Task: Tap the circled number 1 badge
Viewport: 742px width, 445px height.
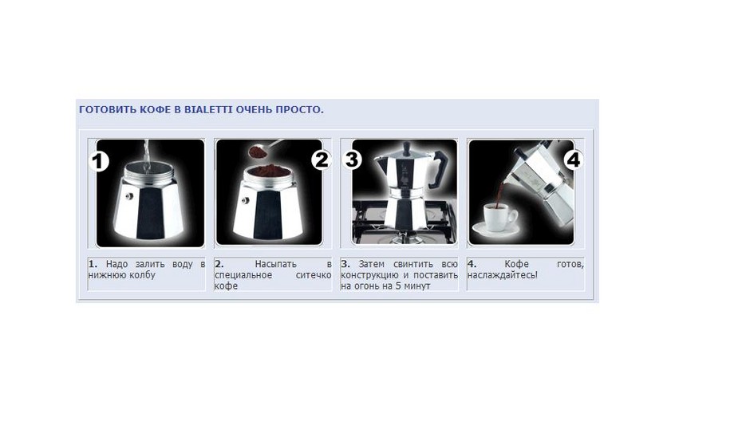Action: click(x=99, y=161)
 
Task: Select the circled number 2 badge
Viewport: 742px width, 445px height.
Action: click(x=322, y=159)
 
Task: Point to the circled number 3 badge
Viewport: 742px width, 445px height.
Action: click(x=352, y=159)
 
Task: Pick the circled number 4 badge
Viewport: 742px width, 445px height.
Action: click(x=573, y=159)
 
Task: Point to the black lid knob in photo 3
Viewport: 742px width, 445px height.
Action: click(x=406, y=148)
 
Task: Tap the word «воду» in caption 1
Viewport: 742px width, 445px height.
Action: click(x=183, y=264)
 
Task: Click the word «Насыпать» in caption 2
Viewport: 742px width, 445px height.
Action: click(x=275, y=264)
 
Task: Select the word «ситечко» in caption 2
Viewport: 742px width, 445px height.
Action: click(x=314, y=275)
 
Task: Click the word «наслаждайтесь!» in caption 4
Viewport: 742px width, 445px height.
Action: click(x=503, y=275)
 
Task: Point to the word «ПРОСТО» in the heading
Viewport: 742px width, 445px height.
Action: click(x=298, y=110)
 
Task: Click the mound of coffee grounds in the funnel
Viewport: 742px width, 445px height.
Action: click(x=269, y=169)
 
